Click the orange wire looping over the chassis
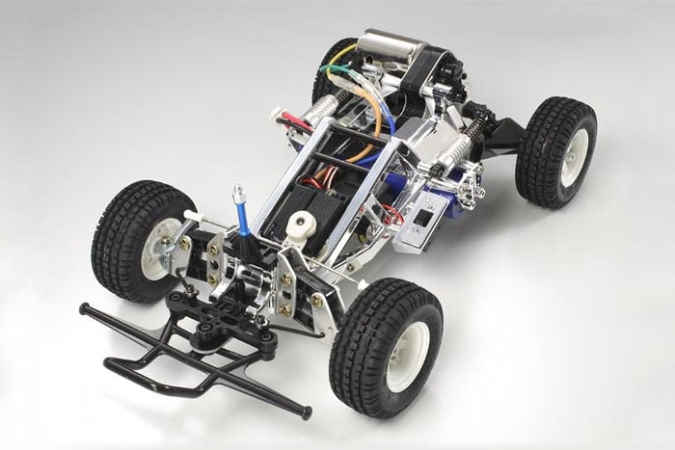pos(370,125)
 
